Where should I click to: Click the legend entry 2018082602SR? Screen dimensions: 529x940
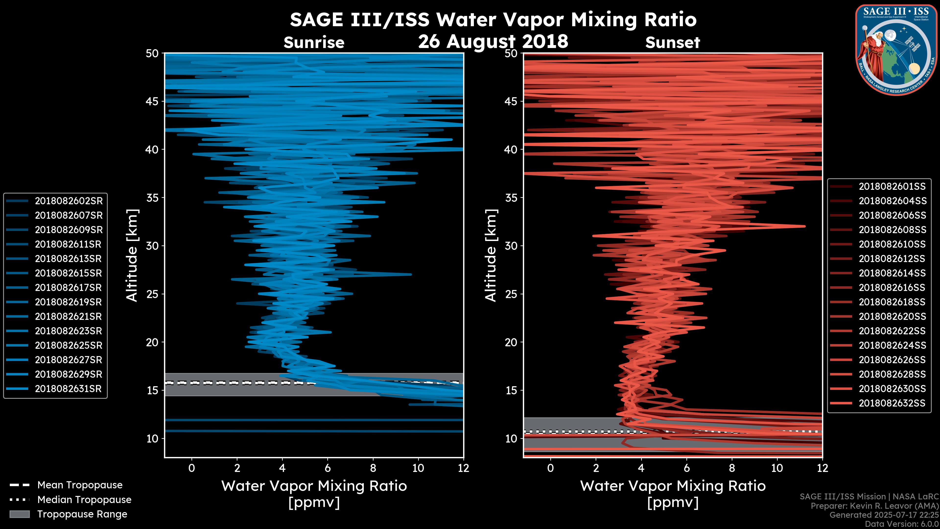pyautogui.click(x=69, y=201)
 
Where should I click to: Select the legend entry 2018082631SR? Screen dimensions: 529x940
pyautogui.click(x=69, y=389)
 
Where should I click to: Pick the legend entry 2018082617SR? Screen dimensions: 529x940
pyautogui.click(x=69, y=288)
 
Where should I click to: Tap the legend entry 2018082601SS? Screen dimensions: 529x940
pyautogui.click(x=892, y=187)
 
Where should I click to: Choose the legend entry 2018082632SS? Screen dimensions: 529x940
pyautogui.click(x=892, y=403)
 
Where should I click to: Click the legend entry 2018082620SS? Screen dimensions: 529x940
pyautogui.click(x=892, y=316)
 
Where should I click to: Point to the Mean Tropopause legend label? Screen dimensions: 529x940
pyautogui.click(x=80, y=485)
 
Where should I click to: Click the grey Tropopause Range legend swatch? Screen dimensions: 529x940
pyautogui.click(x=20, y=514)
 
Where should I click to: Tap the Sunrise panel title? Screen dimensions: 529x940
pyautogui.click(x=314, y=43)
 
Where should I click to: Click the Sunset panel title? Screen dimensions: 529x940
pyautogui.click(x=672, y=43)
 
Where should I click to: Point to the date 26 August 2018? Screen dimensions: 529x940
pyautogui.click(x=493, y=41)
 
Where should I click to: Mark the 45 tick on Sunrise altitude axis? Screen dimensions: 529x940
pyautogui.click(x=153, y=101)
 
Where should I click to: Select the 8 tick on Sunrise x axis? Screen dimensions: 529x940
pyautogui.click(x=373, y=468)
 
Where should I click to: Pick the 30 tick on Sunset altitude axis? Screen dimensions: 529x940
pyautogui.click(x=511, y=246)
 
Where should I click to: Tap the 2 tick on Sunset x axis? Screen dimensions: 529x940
pyautogui.click(x=596, y=468)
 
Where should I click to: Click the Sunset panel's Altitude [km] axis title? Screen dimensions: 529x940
pyautogui.click(x=491, y=255)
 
